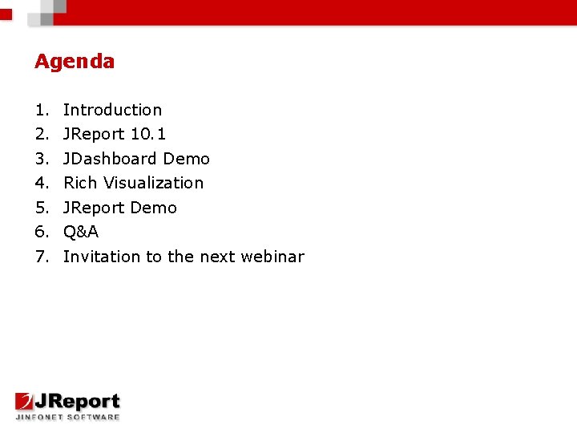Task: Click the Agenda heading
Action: click(x=75, y=62)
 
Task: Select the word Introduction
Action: click(x=112, y=110)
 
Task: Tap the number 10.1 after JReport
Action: click(x=148, y=134)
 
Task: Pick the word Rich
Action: click(x=80, y=183)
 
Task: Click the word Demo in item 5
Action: click(x=153, y=208)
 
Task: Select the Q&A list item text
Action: click(x=81, y=232)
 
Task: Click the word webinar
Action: click(x=273, y=257)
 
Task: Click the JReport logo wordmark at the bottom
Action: click(x=78, y=402)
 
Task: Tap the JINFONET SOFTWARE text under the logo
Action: click(x=67, y=416)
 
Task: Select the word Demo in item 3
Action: click(x=187, y=159)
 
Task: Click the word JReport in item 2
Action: click(x=94, y=134)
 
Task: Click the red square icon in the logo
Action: click(x=25, y=402)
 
